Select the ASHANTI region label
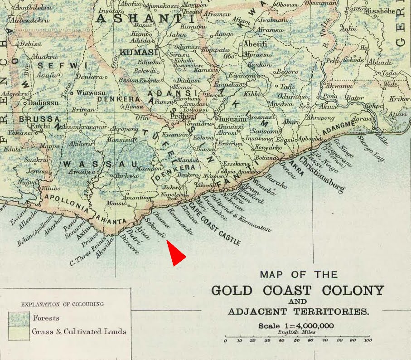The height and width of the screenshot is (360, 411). pyautogui.click(x=141, y=19)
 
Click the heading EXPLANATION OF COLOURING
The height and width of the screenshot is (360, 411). pyautogui.click(x=63, y=304)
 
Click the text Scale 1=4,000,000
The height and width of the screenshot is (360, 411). pyautogui.click(x=296, y=326)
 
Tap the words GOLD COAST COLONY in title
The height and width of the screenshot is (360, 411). pyautogui.click(x=297, y=290)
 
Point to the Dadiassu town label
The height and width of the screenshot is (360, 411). pyautogui.click(x=43, y=103)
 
